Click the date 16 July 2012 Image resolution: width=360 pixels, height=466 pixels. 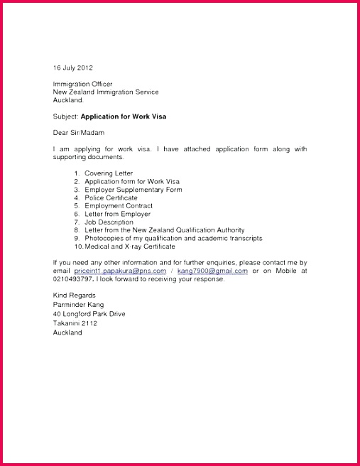click(x=73, y=67)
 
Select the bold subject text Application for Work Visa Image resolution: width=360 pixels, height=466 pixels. click(x=124, y=116)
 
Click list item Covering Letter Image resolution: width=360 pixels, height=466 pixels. click(x=108, y=173)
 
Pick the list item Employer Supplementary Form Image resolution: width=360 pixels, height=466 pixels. click(x=133, y=190)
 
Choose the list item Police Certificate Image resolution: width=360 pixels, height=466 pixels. click(x=111, y=197)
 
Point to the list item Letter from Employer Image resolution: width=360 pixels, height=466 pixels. click(x=117, y=214)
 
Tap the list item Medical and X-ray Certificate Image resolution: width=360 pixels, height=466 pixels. click(x=129, y=246)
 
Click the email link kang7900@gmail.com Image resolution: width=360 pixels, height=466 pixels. click(x=212, y=271)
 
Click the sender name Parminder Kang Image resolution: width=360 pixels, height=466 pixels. click(x=78, y=304)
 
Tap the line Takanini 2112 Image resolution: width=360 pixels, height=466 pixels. click(x=75, y=323)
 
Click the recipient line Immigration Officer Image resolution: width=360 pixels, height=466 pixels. click(x=82, y=84)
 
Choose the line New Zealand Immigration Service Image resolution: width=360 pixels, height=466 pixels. click(x=106, y=92)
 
